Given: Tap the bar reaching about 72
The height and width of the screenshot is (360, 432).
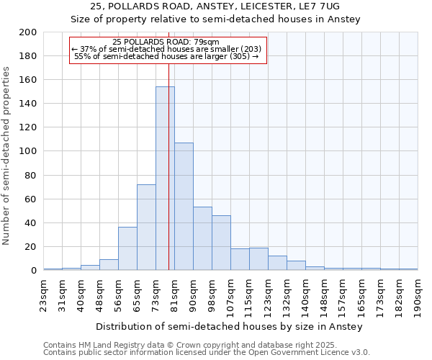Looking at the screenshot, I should (146, 228).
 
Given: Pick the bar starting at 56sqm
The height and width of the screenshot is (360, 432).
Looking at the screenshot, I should (127, 248).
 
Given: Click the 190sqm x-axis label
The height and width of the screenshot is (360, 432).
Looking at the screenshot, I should (418, 295).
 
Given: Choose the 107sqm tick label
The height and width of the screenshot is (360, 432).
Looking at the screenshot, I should (231, 295).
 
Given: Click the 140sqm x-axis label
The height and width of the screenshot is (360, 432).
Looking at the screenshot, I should (306, 295).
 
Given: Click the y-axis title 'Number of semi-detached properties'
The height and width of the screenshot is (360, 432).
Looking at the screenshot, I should (7, 156).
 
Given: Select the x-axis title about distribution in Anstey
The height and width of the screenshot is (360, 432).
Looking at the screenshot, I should (229, 327).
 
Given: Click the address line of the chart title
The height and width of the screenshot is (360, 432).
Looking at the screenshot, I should (215, 6).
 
